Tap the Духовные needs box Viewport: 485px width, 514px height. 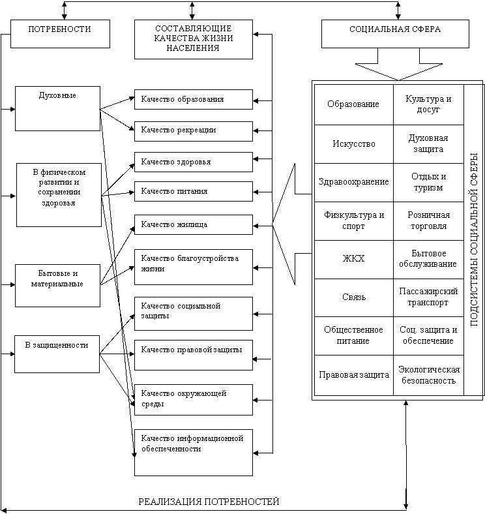57,108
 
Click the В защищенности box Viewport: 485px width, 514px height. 57,354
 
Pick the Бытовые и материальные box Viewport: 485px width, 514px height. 57,285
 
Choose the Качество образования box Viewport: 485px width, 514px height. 193,99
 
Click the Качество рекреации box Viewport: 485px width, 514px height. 193,130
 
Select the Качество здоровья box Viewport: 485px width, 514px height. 193,162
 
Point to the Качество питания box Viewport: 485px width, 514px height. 193,192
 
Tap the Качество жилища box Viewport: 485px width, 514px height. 193,224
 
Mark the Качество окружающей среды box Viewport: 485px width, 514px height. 193,399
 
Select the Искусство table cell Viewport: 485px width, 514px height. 353,144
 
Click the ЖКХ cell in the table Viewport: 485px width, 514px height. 353,259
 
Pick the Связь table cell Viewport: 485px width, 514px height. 353,297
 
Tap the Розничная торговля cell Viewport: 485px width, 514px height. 428,220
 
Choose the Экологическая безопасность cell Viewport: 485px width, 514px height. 428,375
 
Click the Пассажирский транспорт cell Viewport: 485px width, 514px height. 428,297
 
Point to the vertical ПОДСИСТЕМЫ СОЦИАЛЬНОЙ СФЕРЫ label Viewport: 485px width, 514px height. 474,239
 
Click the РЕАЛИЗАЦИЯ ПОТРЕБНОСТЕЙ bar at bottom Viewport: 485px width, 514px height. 208,502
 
